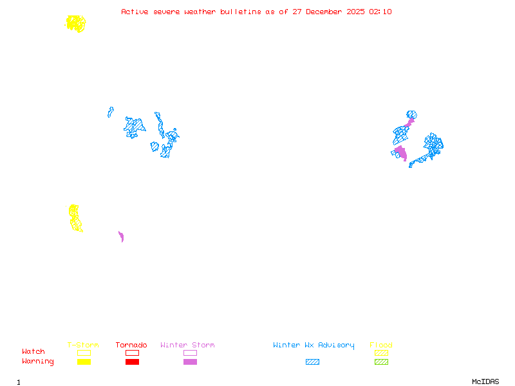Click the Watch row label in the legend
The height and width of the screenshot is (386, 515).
(33, 352)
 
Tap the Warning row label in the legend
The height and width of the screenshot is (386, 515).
(38, 362)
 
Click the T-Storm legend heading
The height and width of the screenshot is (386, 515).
(83, 345)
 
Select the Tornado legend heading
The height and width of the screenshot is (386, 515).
(131, 345)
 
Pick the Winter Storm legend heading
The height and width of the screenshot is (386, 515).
(187, 345)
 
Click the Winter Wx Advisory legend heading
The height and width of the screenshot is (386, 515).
(314, 345)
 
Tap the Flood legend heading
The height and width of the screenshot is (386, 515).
(381, 345)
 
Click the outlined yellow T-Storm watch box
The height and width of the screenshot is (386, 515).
(84, 353)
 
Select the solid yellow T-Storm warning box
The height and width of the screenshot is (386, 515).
(84, 362)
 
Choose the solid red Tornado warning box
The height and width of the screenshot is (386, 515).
(132, 362)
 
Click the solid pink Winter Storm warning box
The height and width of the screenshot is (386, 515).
(190, 362)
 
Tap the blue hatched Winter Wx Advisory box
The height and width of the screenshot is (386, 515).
(312, 362)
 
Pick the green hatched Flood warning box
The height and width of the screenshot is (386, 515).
(381, 362)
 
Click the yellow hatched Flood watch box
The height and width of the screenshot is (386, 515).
(381, 353)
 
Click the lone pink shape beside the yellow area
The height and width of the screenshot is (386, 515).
(121, 237)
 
